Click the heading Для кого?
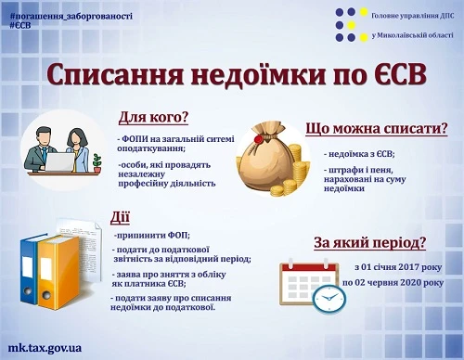153,118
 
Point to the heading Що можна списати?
376,129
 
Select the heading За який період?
369,244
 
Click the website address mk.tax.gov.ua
44,347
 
